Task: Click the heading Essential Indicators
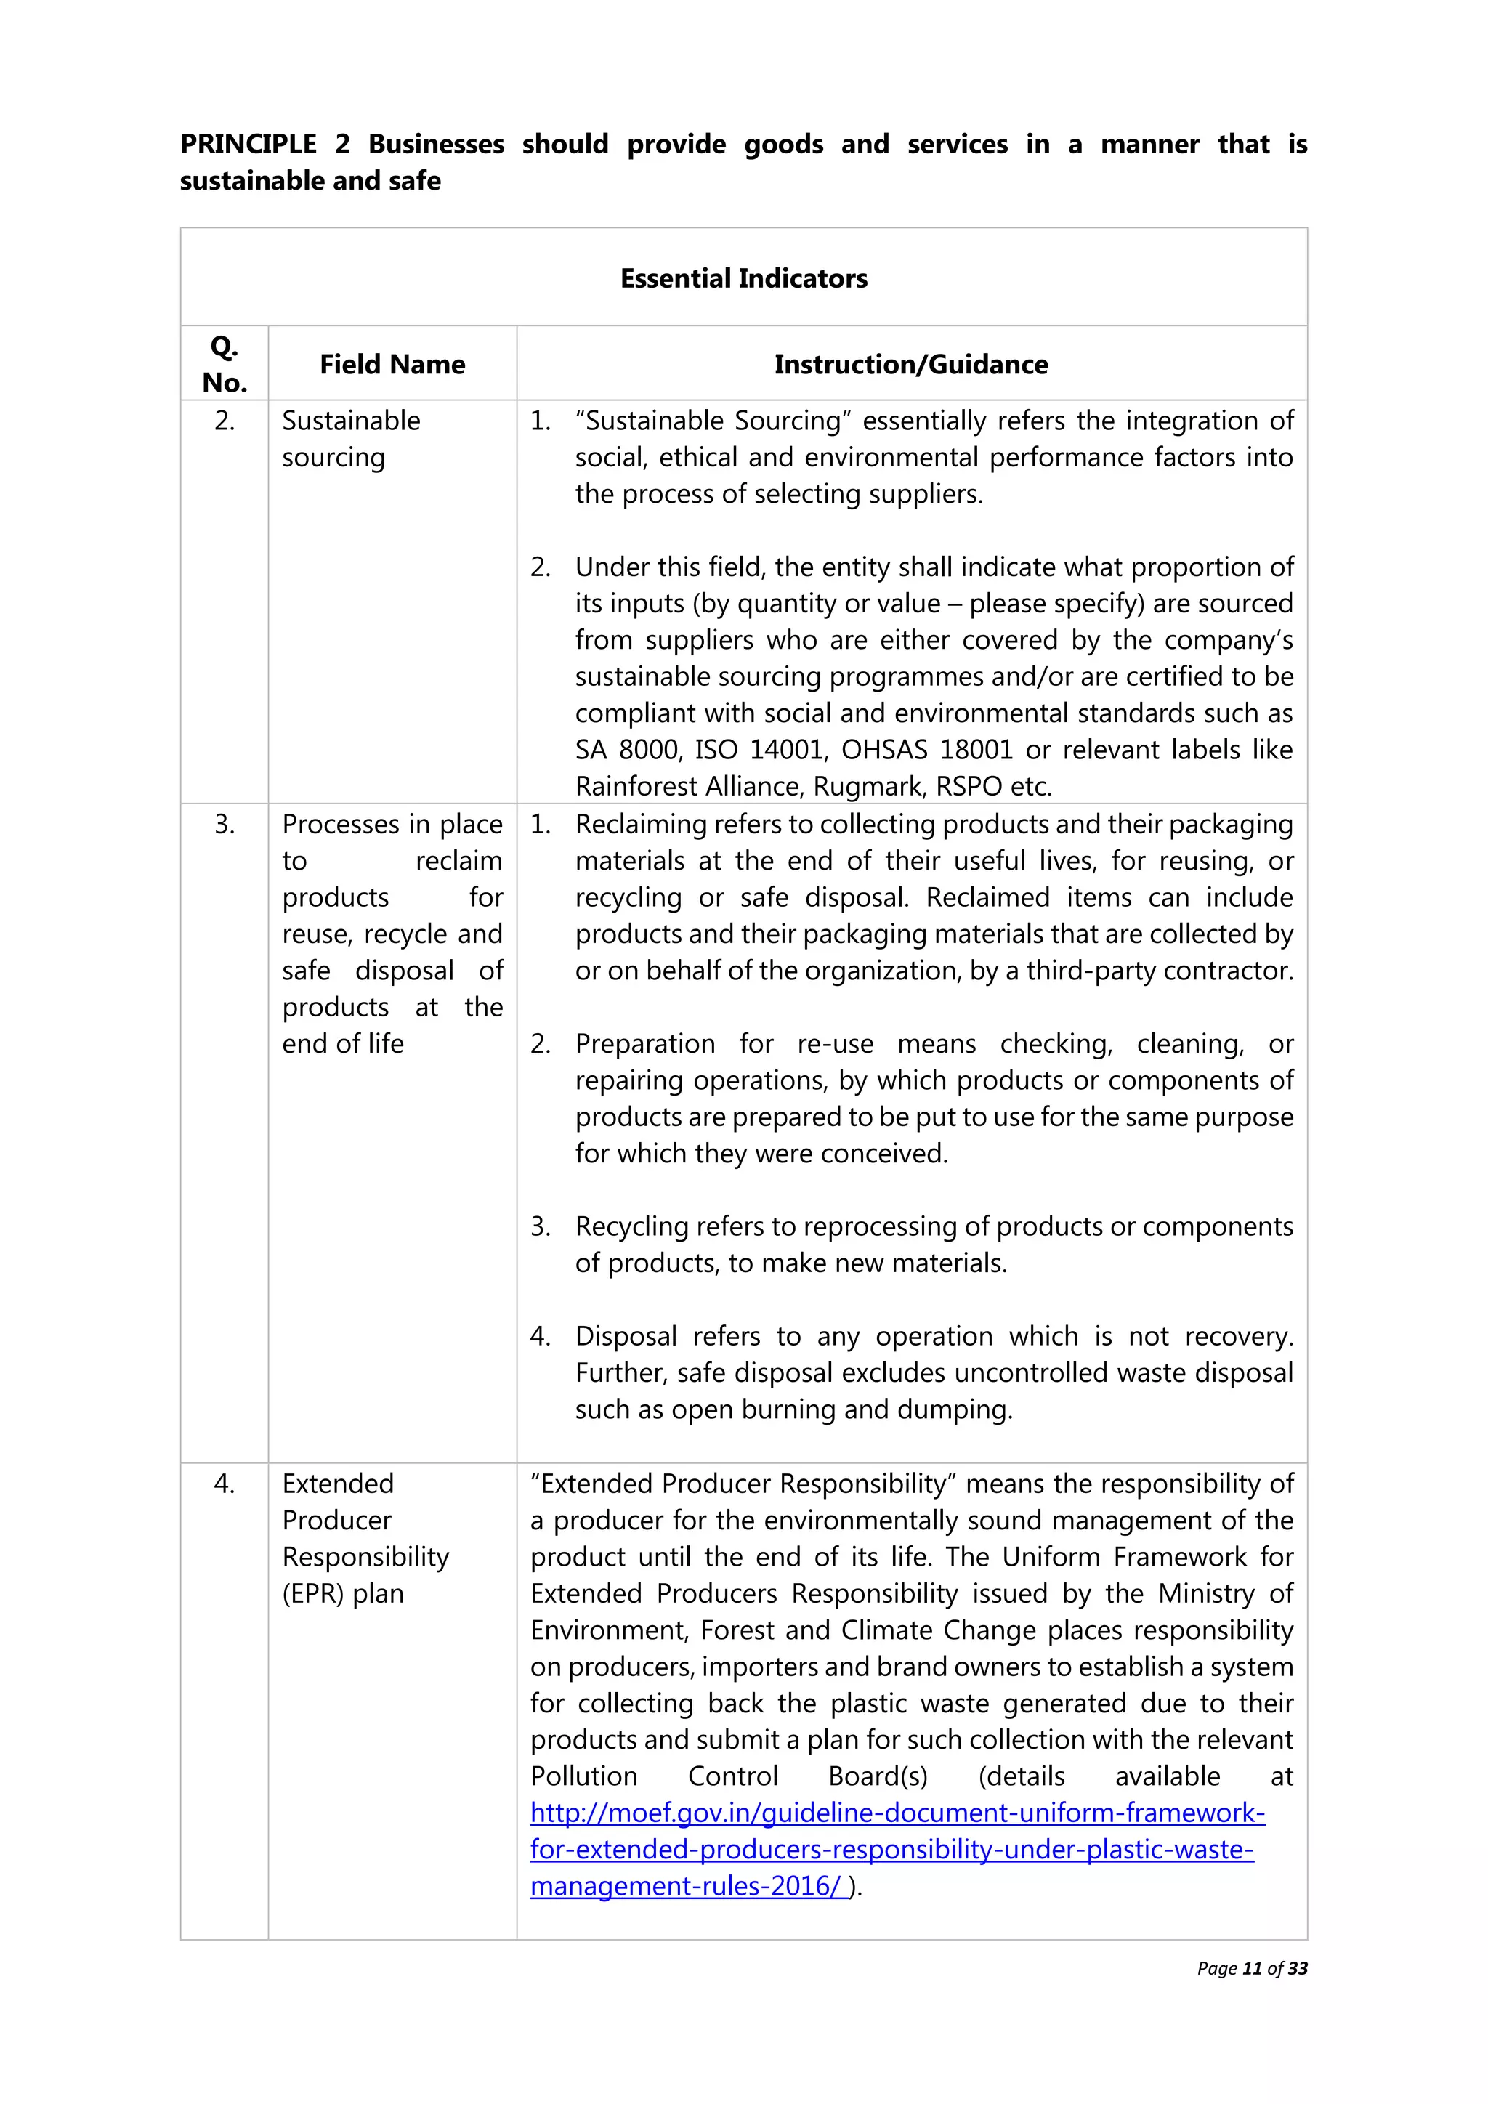743,278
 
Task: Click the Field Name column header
392,365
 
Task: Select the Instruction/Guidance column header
911,365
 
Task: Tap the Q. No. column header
225,364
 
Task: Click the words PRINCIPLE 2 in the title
264,145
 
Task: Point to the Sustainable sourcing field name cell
351,439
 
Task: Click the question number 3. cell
225,825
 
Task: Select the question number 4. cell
225,1484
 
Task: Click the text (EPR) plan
343,1593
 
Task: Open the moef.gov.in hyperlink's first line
897,1813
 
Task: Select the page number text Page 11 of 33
1252,1968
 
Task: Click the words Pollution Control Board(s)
729,1777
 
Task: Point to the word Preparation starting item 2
645,1044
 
